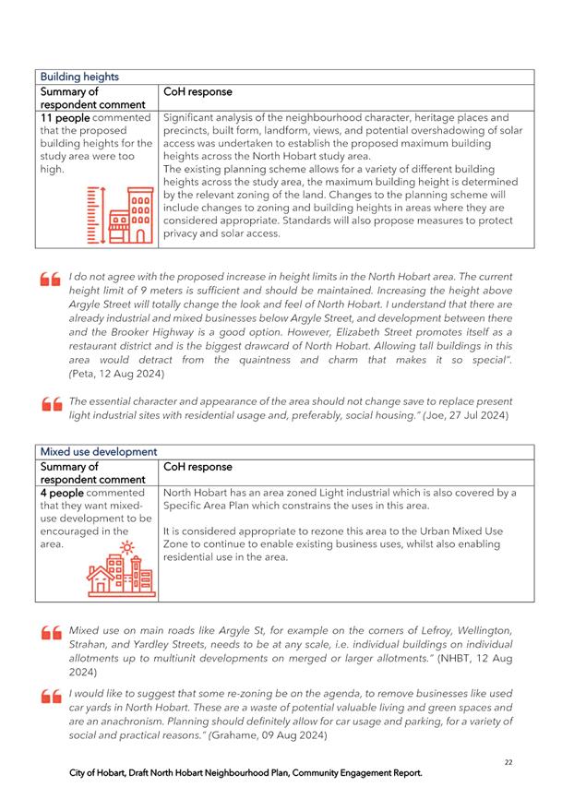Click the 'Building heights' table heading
coord(78,77)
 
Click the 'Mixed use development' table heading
coord(98,452)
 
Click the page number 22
coord(509,762)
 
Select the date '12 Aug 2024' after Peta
coord(138,375)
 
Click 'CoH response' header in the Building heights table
coord(197,92)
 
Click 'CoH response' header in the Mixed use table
coord(197,467)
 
